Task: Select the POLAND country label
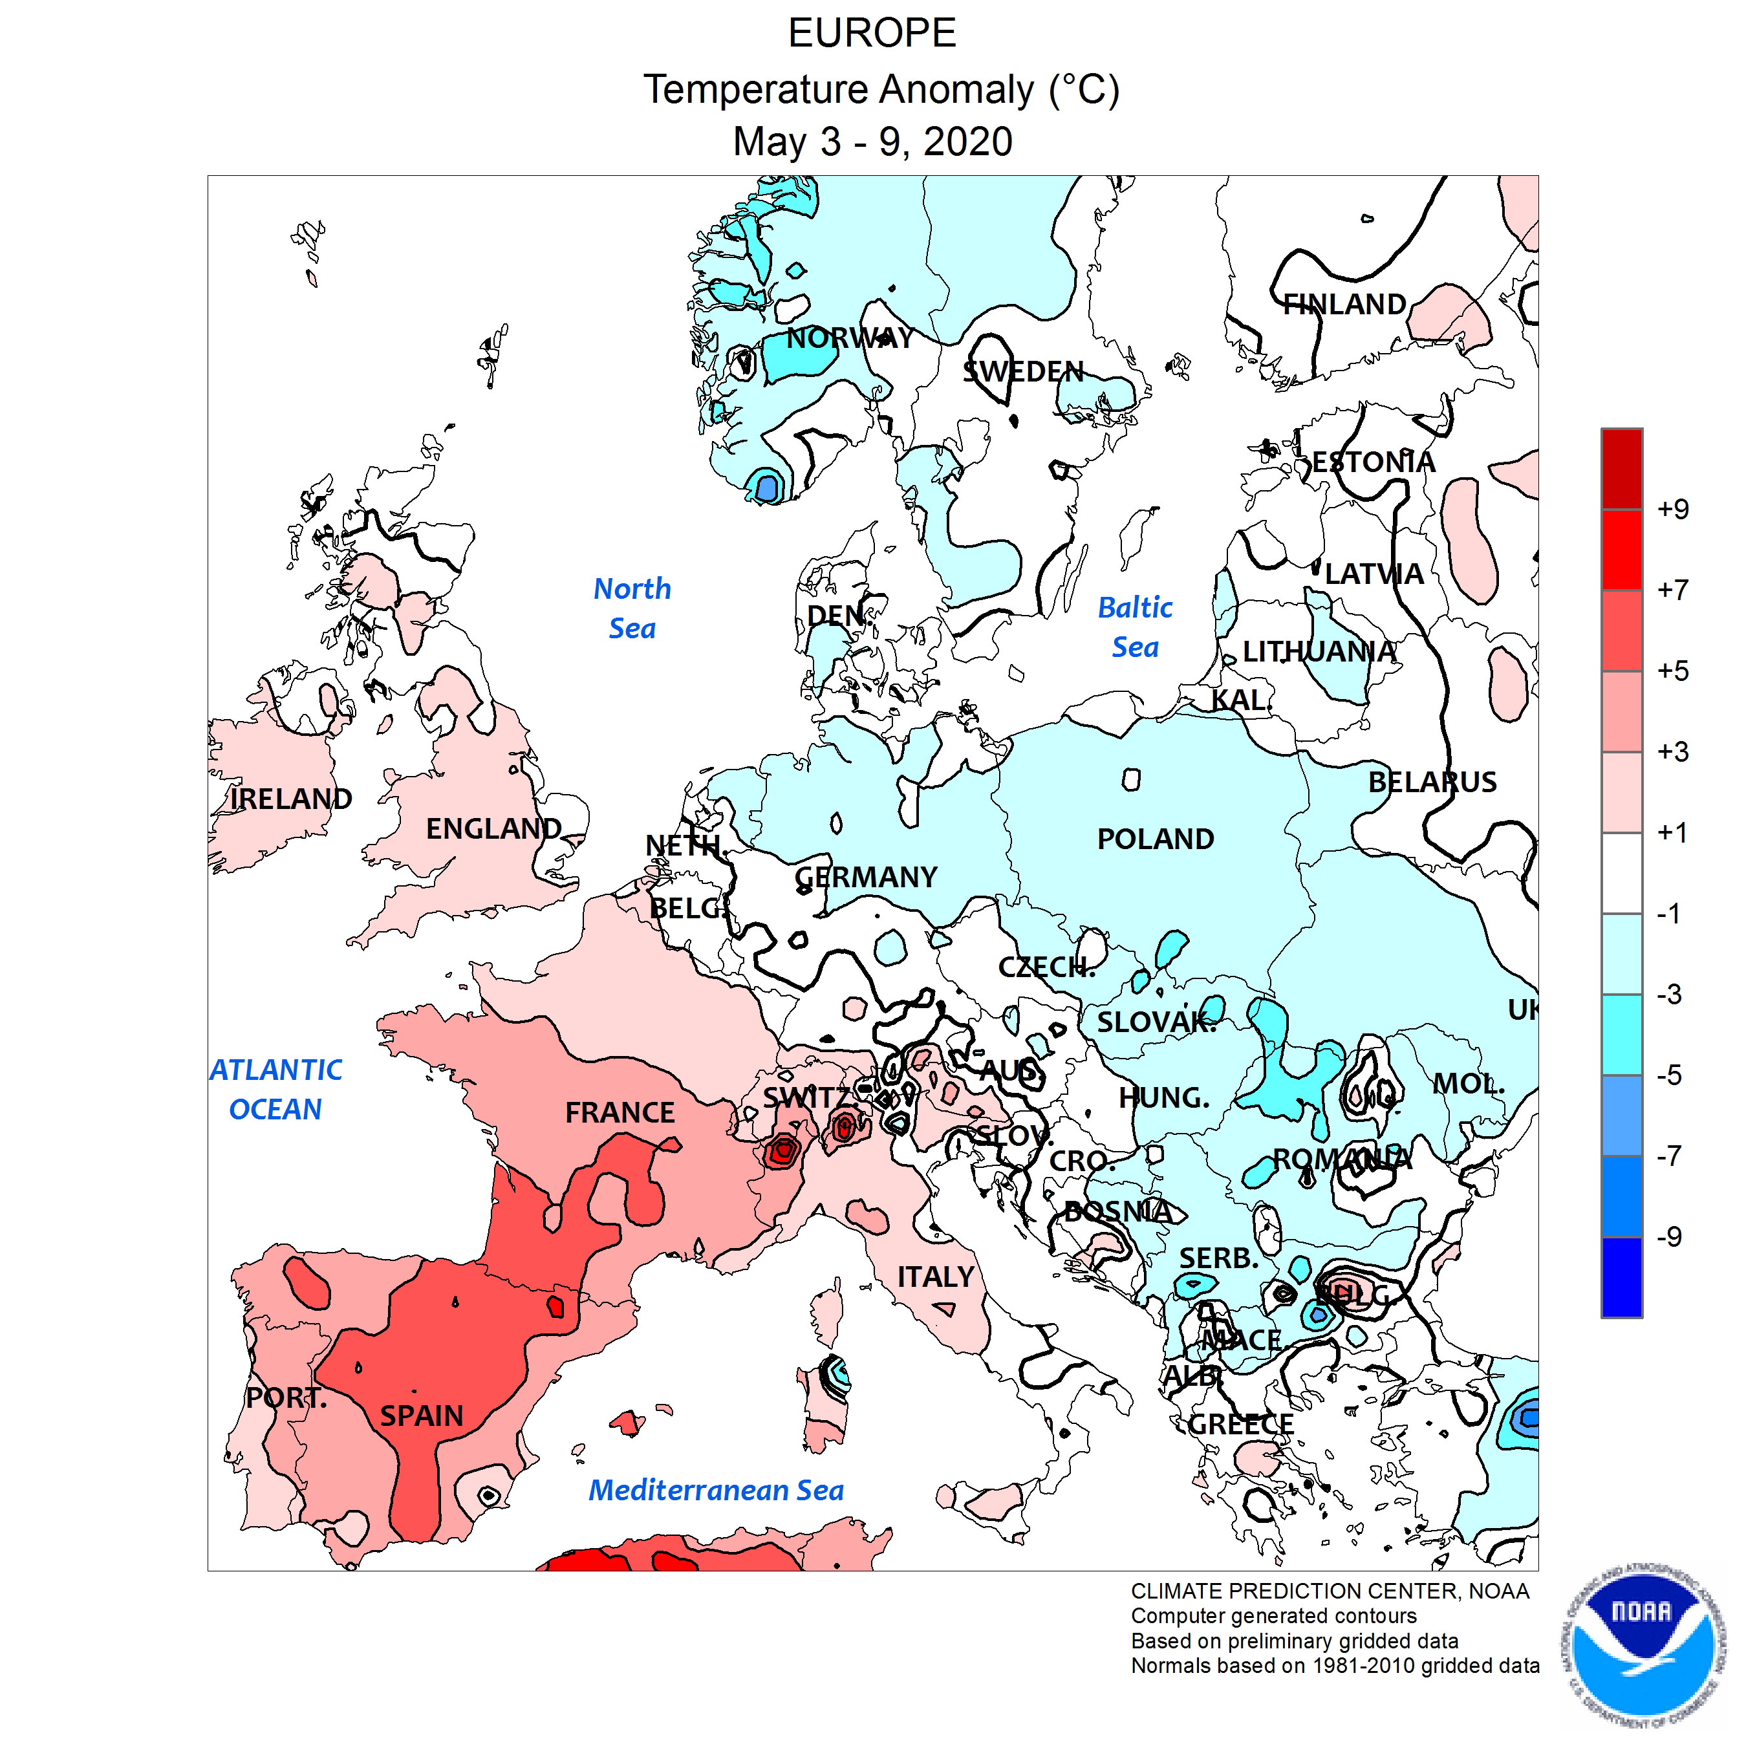pos(1155,839)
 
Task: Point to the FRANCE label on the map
pos(620,1112)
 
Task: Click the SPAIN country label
pos(421,1416)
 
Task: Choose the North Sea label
pos(632,609)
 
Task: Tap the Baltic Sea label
pos(1134,627)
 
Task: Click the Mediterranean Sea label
pos(716,1491)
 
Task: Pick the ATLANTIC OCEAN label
pos(275,1089)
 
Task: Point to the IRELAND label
pos(290,799)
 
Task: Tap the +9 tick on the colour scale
pos(1672,509)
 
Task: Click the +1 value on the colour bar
pos(1672,832)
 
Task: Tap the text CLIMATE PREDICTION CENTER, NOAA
pos(1330,1591)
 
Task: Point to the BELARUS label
pos(1432,782)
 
